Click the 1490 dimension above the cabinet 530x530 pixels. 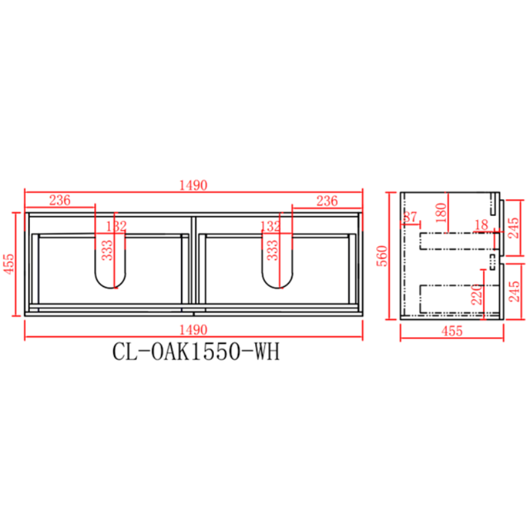click(x=195, y=185)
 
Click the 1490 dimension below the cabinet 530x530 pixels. click(x=195, y=329)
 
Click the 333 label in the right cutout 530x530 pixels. click(x=272, y=250)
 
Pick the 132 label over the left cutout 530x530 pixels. click(x=117, y=227)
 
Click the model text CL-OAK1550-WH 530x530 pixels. click(x=195, y=352)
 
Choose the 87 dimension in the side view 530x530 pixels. click(x=410, y=217)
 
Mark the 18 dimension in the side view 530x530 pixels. click(x=482, y=227)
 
